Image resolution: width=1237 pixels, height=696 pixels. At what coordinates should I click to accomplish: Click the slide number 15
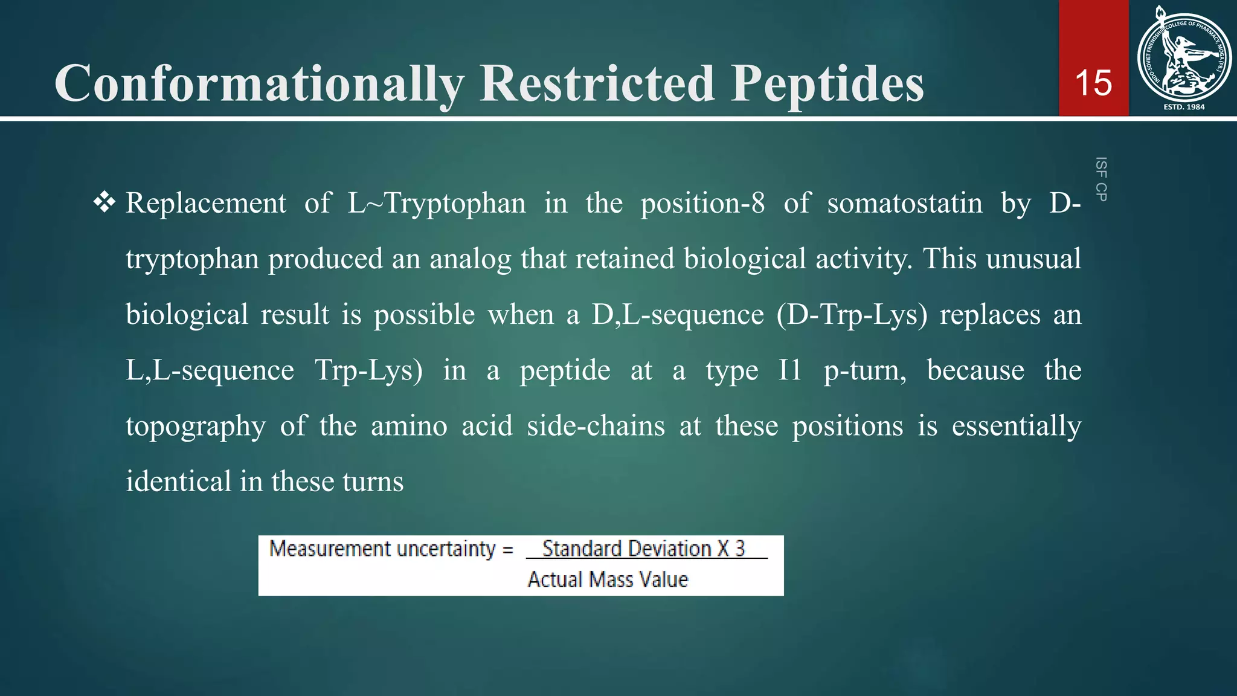pos(1093,83)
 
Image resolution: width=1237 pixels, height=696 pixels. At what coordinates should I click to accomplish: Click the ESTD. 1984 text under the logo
pos(1184,107)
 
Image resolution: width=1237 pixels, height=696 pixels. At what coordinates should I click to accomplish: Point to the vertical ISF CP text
pos(1101,179)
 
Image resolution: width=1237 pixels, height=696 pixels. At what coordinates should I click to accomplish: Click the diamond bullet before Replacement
pos(104,202)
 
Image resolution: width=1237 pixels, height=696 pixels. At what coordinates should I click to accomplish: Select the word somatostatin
pos(904,203)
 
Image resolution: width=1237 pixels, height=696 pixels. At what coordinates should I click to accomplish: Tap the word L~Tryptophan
pos(437,203)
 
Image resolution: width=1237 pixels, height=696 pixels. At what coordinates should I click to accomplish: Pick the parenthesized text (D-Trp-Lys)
pos(852,315)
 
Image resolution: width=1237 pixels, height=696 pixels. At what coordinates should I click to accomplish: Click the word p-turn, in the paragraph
pos(865,370)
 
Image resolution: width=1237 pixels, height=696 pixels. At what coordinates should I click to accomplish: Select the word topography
pos(195,427)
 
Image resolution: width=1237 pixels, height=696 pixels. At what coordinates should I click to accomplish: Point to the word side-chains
pos(596,426)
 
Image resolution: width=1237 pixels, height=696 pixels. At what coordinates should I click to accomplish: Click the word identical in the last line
pos(178,482)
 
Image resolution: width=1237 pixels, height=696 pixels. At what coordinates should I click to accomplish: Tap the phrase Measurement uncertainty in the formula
pos(382,549)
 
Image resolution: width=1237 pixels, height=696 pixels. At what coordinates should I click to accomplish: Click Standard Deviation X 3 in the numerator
pos(643,549)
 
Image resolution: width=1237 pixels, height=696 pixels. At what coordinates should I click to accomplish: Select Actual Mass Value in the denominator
pos(608,579)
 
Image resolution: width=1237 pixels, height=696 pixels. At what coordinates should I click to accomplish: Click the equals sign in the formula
pos(508,550)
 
